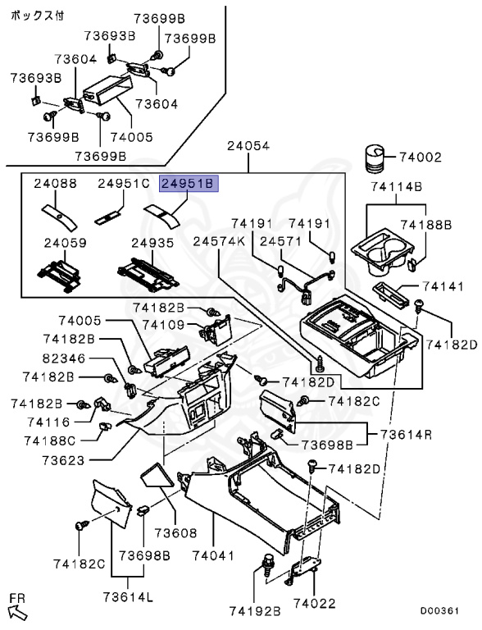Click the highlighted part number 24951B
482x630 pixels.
pos(189,184)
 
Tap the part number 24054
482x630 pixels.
pos(248,145)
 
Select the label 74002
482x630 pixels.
pos(421,157)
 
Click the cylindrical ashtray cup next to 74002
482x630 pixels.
pos(374,159)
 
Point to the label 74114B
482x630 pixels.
pos(396,186)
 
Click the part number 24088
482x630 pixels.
pos(55,183)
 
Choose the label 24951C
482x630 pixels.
pos(124,183)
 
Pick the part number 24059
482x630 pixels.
pos(65,243)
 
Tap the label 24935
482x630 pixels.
pos(152,243)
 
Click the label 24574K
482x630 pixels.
pos(219,241)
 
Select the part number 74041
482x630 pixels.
pos(213,555)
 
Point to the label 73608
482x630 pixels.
pos(176,532)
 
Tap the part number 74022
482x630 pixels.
pos(314,603)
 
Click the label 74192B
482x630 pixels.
pos(255,611)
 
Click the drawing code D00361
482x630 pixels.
pos(439,610)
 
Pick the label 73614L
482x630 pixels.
pos(128,596)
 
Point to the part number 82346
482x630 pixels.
pos(64,358)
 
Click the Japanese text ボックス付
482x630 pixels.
pos(37,16)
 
